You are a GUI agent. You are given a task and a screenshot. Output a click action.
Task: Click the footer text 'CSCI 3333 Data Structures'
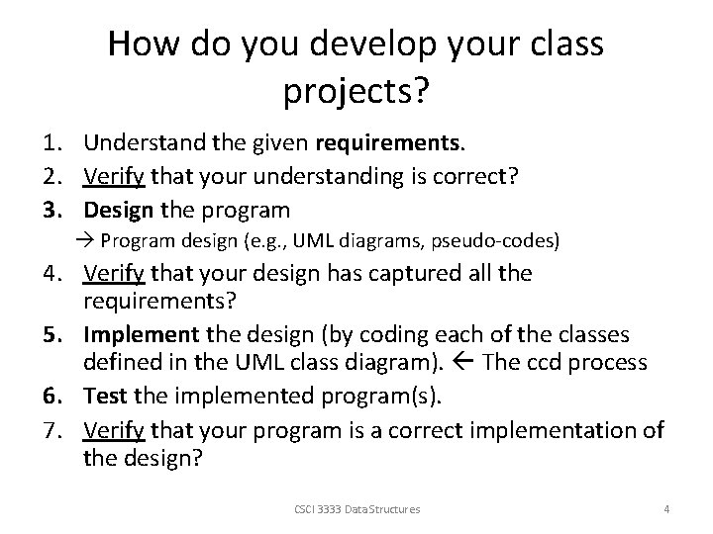click(356, 509)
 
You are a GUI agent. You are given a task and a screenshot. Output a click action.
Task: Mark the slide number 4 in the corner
click(666, 509)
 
